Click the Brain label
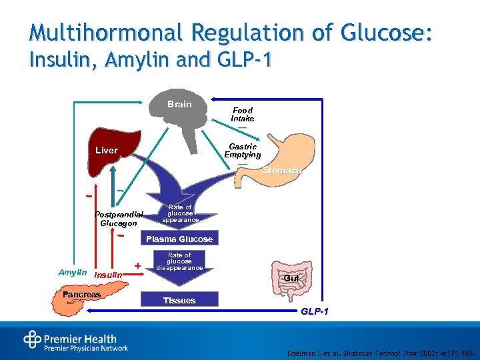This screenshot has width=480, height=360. coord(179,104)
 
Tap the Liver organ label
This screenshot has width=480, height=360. coord(107,150)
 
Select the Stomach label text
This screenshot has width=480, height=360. coord(281,171)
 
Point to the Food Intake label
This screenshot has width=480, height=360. coord(243,114)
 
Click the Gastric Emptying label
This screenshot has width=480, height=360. coord(243,151)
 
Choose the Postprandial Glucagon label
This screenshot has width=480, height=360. coord(119,219)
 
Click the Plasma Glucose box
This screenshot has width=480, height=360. coord(179,239)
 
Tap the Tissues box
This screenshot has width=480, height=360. coord(179,300)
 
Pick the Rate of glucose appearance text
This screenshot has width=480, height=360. coord(180,213)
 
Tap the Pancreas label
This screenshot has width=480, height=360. coord(81,294)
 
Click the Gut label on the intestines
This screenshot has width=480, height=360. coord(291,277)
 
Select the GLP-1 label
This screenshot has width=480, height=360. coord(314,312)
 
